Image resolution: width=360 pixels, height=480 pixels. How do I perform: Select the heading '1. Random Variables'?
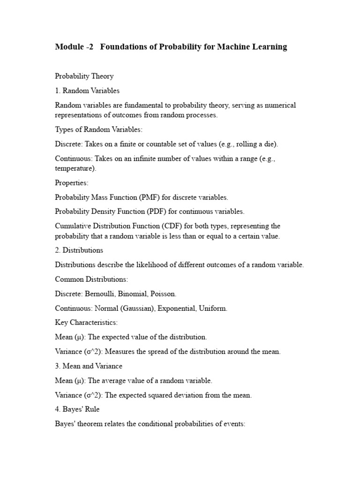[x=87, y=90]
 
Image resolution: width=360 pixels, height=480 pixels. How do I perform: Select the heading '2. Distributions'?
[x=79, y=250]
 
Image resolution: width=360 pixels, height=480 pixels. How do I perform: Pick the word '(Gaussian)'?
[x=139, y=308]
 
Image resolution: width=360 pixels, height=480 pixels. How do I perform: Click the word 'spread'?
[x=165, y=352]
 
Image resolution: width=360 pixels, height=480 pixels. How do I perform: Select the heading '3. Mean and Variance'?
[x=89, y=366]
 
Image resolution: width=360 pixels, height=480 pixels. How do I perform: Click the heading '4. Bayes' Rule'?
[x=77, y=409]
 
